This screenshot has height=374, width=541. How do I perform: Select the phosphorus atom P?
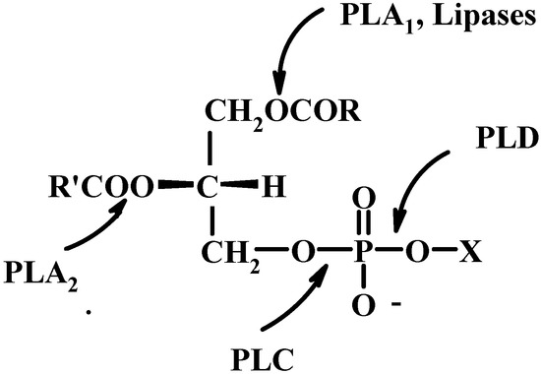click(x=361, y=255)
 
